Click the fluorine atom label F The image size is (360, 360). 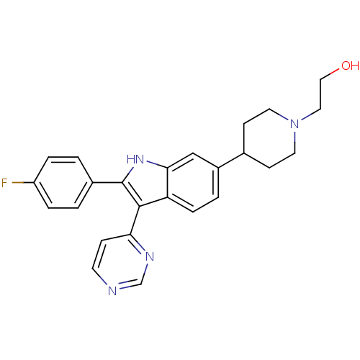pyautogui.click(x=4, y=183)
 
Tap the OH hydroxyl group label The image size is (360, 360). pyautogui.click(x=350, y=66)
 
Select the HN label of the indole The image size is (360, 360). pyautogui.click(x=135, y=159)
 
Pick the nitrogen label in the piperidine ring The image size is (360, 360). pyautogui.click(x=294, y=124)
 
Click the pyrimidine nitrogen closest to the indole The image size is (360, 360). pyautogui.click(x=150, y=256)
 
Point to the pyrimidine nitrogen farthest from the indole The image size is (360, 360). pyautogui.click(x=112, y=291)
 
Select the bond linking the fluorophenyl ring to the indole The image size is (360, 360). pyautogui.click(x=107, y=183)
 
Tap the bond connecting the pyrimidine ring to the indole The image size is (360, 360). pyautogui.click(x=135, y=220)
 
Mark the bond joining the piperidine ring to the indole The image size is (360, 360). pyautogui.click(x=231, y=160)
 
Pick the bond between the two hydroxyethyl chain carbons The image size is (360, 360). pyautogui.click(x=320, y=94)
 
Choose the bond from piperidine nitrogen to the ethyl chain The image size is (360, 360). pyautogui.click(x=311, y=114)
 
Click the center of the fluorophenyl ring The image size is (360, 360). pyautogui.click(x=63, y=183)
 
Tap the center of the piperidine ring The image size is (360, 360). pyautogui.click(x=269, y=138)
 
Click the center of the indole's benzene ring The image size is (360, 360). pyautogui.click(x=193, y=182)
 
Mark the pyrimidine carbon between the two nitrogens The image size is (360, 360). pyautogui.click(x=141, y=284)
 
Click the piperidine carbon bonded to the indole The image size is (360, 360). pyautogui.click(x=244, y=153)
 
